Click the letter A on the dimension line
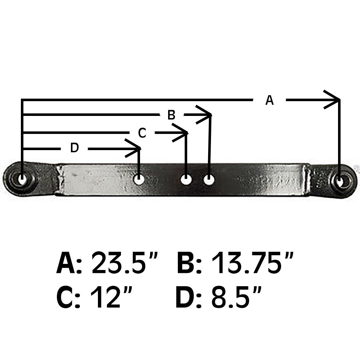[269, 100]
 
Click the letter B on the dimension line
[171, 115]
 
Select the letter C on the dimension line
[142, 133]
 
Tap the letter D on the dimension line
[74, 148]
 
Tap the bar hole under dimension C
[186, 179]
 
